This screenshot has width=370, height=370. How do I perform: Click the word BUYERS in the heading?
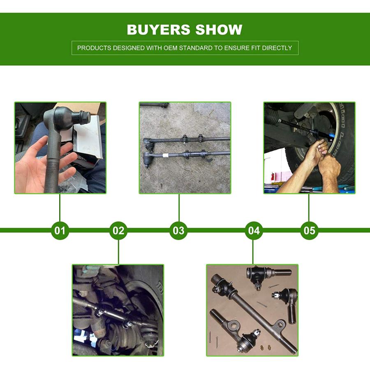point(159,30)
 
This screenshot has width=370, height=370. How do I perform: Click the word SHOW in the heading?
point(219,30)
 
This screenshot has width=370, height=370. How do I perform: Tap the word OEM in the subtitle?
point(171,48)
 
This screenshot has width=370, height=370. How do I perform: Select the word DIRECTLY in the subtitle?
point(277,48)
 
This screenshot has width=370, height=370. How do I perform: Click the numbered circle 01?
point(60,231)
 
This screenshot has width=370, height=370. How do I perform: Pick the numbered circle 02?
point(118,231)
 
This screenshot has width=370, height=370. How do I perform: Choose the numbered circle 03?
point(179,231)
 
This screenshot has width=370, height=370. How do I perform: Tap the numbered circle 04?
point(254,231)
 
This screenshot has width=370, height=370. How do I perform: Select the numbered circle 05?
point(309,231)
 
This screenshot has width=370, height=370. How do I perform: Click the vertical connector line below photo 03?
point(179,208)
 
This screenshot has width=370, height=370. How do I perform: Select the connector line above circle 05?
point(309,208)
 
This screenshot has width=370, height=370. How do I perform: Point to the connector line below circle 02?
point(118,252)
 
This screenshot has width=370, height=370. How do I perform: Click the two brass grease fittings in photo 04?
point(266,347)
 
